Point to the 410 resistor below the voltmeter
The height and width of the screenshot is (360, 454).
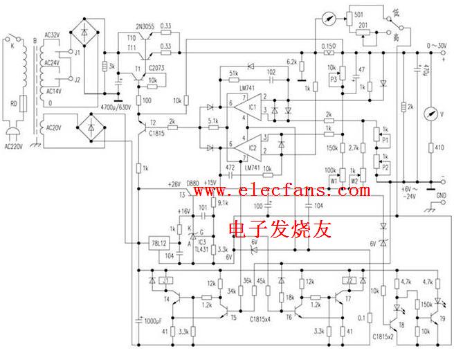(x=434, y=147)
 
